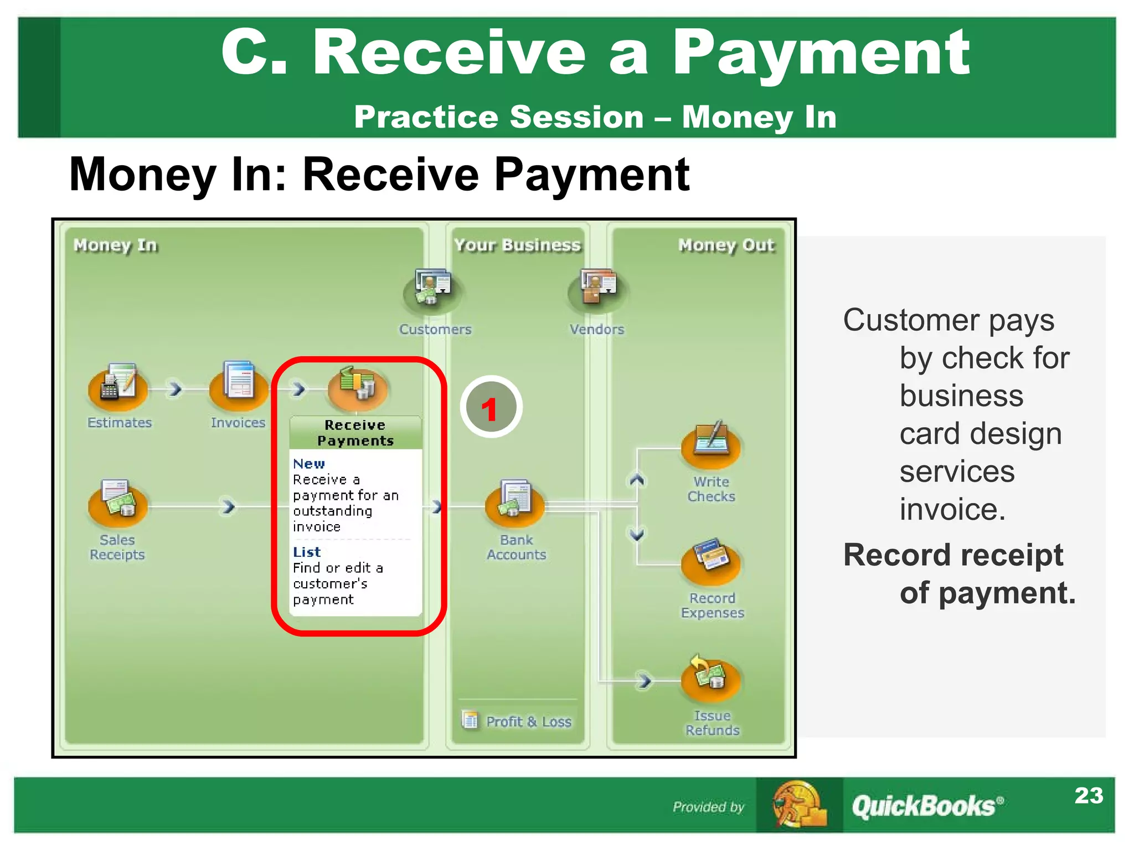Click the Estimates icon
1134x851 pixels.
tap(118, 386)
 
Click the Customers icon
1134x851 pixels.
tap(433, 289)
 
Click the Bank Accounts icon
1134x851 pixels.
tap(514, 502)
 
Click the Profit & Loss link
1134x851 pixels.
tap(528, 721)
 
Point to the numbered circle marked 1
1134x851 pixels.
tap(491, 407)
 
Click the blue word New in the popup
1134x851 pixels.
tap(309, 464)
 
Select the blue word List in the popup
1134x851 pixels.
tap(307, 552)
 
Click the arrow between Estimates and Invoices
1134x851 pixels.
tap(175, 389)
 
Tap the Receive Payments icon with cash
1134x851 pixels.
tap(357, 386)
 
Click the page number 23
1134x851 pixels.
tap(1088, 796)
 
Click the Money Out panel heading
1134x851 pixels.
tap(726, 245)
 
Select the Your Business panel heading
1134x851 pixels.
tap(517, 245)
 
